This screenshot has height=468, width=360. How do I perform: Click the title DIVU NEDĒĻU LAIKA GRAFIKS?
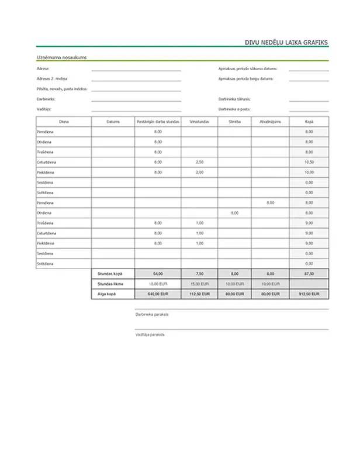286,42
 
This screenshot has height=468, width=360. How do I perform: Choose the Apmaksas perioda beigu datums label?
245,78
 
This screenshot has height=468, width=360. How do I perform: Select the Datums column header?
113,122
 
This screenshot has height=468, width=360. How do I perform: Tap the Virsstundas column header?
199,122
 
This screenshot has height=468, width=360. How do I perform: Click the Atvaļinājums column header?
270,122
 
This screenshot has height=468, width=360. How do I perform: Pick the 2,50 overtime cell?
199,162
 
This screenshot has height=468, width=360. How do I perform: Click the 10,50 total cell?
309,162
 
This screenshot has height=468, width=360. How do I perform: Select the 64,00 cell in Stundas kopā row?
157,273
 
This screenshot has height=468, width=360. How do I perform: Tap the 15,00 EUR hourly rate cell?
199,283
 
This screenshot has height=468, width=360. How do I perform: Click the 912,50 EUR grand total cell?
309,294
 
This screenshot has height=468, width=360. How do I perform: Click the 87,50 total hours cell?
309,273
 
